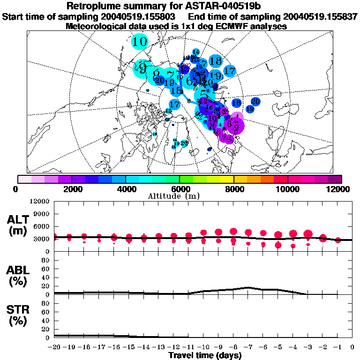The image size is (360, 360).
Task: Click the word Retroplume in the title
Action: [x=97, y=6]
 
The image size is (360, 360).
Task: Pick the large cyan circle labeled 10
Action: [x=140, y=42]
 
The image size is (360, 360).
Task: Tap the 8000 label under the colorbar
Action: [x=233, y=189]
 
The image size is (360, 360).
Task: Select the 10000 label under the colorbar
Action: [x=287, y=189]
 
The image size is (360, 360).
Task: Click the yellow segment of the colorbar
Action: [x=227, y=179]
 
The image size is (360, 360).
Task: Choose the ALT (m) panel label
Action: [x=16, y=225]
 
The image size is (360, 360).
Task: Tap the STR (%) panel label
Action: [x=16, y=315]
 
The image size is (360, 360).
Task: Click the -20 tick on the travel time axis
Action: [x=54, y=347]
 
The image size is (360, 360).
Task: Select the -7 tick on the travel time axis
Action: [x=248, y=347]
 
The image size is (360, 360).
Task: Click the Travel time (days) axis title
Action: [x=205, y=356]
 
